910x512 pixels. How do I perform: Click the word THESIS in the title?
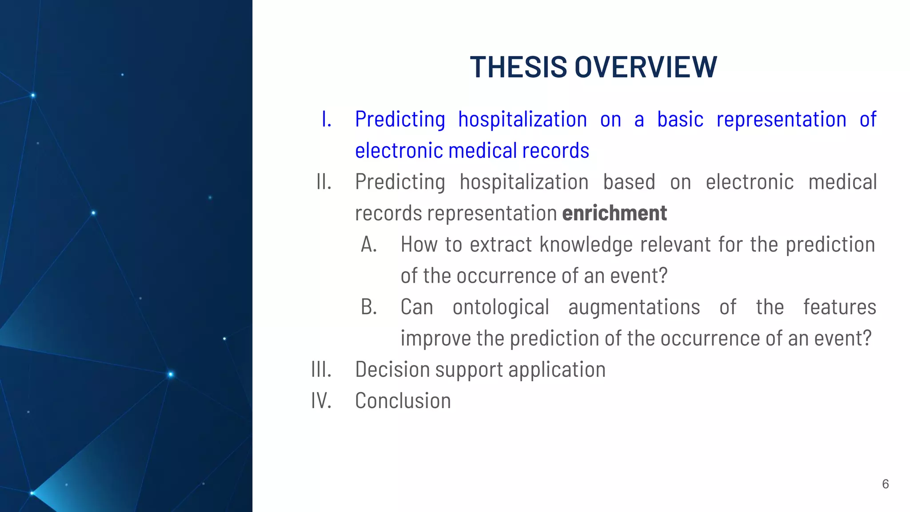tap(518, 68)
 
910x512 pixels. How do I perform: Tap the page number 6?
tap(885, 484)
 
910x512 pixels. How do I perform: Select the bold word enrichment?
tap(614, 213)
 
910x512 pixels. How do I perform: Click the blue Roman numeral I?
tap(326, 120)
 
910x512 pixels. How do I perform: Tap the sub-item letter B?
tap(369, 307)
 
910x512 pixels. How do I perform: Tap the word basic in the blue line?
tap(680, 120)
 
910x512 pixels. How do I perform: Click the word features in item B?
tap(839, 307)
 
